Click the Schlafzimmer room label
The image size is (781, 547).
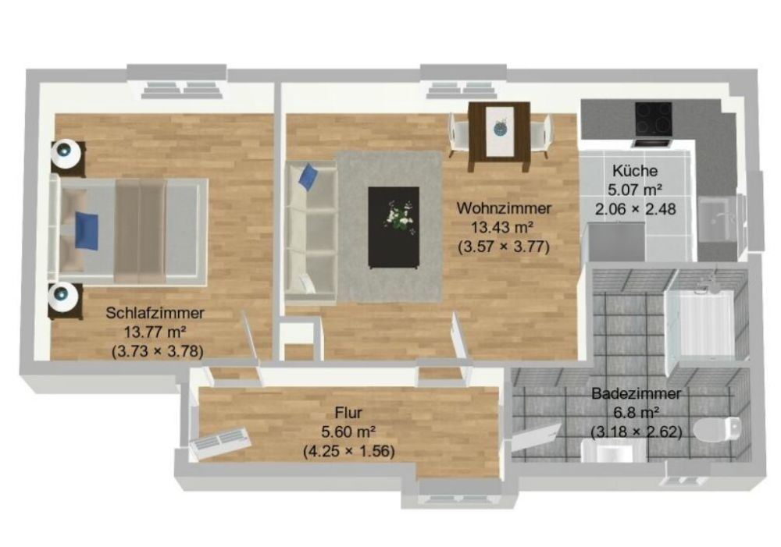[x=155, y=313]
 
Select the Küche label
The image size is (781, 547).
[x=635, y=170]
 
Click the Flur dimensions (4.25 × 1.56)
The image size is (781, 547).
[x=348, y=450]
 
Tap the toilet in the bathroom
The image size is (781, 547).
[x=716, y=429]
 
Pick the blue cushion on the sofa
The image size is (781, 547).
[x=308, y=176]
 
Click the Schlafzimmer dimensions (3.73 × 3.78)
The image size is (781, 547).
[x=158, y=351]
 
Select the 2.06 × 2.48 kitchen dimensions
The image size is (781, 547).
[x=635, y=208]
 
